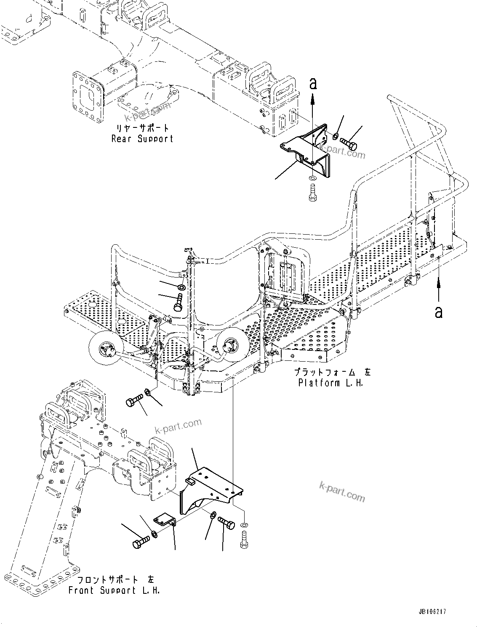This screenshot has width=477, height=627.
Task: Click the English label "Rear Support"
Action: (142, 138)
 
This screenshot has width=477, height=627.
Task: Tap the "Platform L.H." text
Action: (330, 383)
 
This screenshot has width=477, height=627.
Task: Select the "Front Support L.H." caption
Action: (114, 590)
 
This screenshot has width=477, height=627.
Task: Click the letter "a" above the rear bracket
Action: (312, 84)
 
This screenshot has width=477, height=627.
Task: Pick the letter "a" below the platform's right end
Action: (439, 312)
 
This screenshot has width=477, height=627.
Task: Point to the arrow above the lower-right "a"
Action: (439, 286)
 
